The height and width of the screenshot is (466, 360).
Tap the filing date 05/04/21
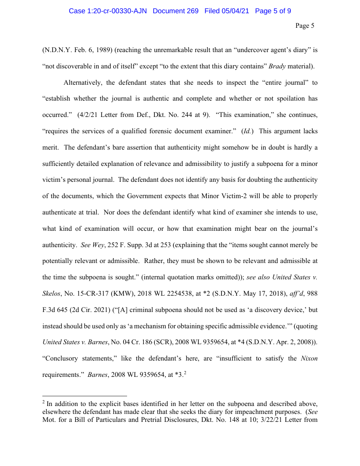tap(234, 11)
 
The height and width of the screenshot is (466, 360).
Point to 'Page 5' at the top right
tap(304, 26)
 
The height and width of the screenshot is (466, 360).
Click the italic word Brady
tap(277, 67)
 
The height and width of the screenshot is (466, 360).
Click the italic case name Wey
tap(98, 244)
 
